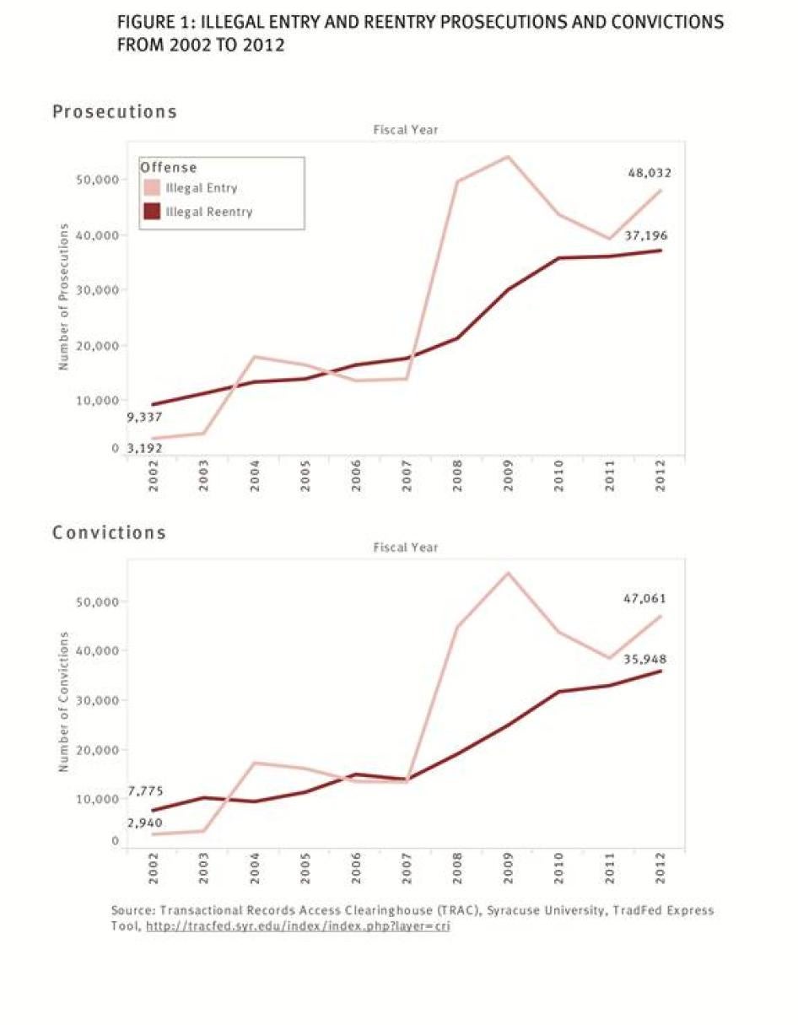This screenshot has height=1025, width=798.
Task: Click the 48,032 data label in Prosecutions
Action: point(650,173)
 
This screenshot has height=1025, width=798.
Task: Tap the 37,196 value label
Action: point(646,236)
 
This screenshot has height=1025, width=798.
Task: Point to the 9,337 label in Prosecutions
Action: point(144,417)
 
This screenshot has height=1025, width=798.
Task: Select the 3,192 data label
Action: point(144,449)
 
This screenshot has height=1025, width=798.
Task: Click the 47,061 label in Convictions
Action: point(644,598)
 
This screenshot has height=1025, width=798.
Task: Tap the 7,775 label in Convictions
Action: point(145,790)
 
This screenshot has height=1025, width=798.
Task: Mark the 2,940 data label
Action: point(145,823)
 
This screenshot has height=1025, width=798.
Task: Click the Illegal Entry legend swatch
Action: point(152,188)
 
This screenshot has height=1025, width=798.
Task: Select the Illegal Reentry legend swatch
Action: point(152,212)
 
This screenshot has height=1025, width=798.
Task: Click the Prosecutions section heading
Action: point(115,111)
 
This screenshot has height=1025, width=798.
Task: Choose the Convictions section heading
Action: point(109,533)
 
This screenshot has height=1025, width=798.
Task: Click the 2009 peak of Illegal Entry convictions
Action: point(509,573)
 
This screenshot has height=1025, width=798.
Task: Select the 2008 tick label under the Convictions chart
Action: point(457,868)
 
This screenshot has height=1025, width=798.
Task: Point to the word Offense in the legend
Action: point(169,168)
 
